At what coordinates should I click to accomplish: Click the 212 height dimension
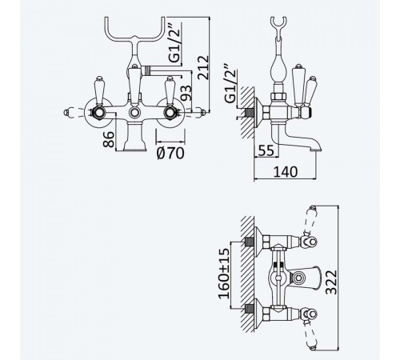(x=203, y=67)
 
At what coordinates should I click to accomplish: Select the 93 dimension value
(x=186, y=93)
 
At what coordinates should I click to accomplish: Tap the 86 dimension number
(x=109, y=139)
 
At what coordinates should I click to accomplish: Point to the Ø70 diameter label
(x=170, y=154)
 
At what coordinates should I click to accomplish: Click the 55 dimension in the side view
(x=266, y=150)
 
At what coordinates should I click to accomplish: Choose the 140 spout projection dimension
(x=286, y=172)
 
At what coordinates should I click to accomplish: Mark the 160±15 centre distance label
(x=223, y=274)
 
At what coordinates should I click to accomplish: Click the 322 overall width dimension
(x=331, y=282)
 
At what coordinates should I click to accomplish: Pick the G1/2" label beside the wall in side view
(x=230, y=83)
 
